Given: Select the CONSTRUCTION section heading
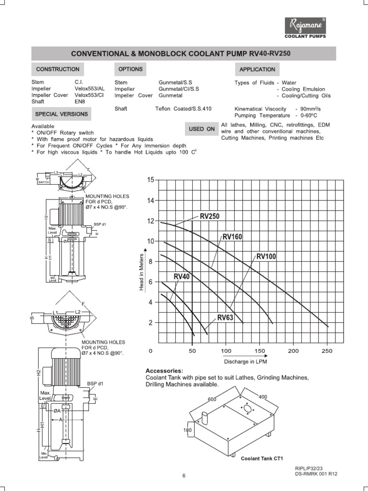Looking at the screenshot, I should pos(55,70).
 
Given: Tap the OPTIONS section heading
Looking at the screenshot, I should pos(131,70).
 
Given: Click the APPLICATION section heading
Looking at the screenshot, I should pos(257,70).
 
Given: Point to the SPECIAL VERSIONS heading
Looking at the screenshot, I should pos(61,114).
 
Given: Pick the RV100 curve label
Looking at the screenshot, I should pos(266,257).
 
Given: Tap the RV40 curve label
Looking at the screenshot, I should pos(182,277).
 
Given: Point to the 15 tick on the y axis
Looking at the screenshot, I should pos(151,180).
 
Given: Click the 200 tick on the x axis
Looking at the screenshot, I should pos(293,351).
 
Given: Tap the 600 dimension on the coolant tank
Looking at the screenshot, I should pos(212,399).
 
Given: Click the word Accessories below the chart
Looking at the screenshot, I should pos(164,371).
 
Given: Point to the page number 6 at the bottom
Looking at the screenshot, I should pos(184,476).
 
